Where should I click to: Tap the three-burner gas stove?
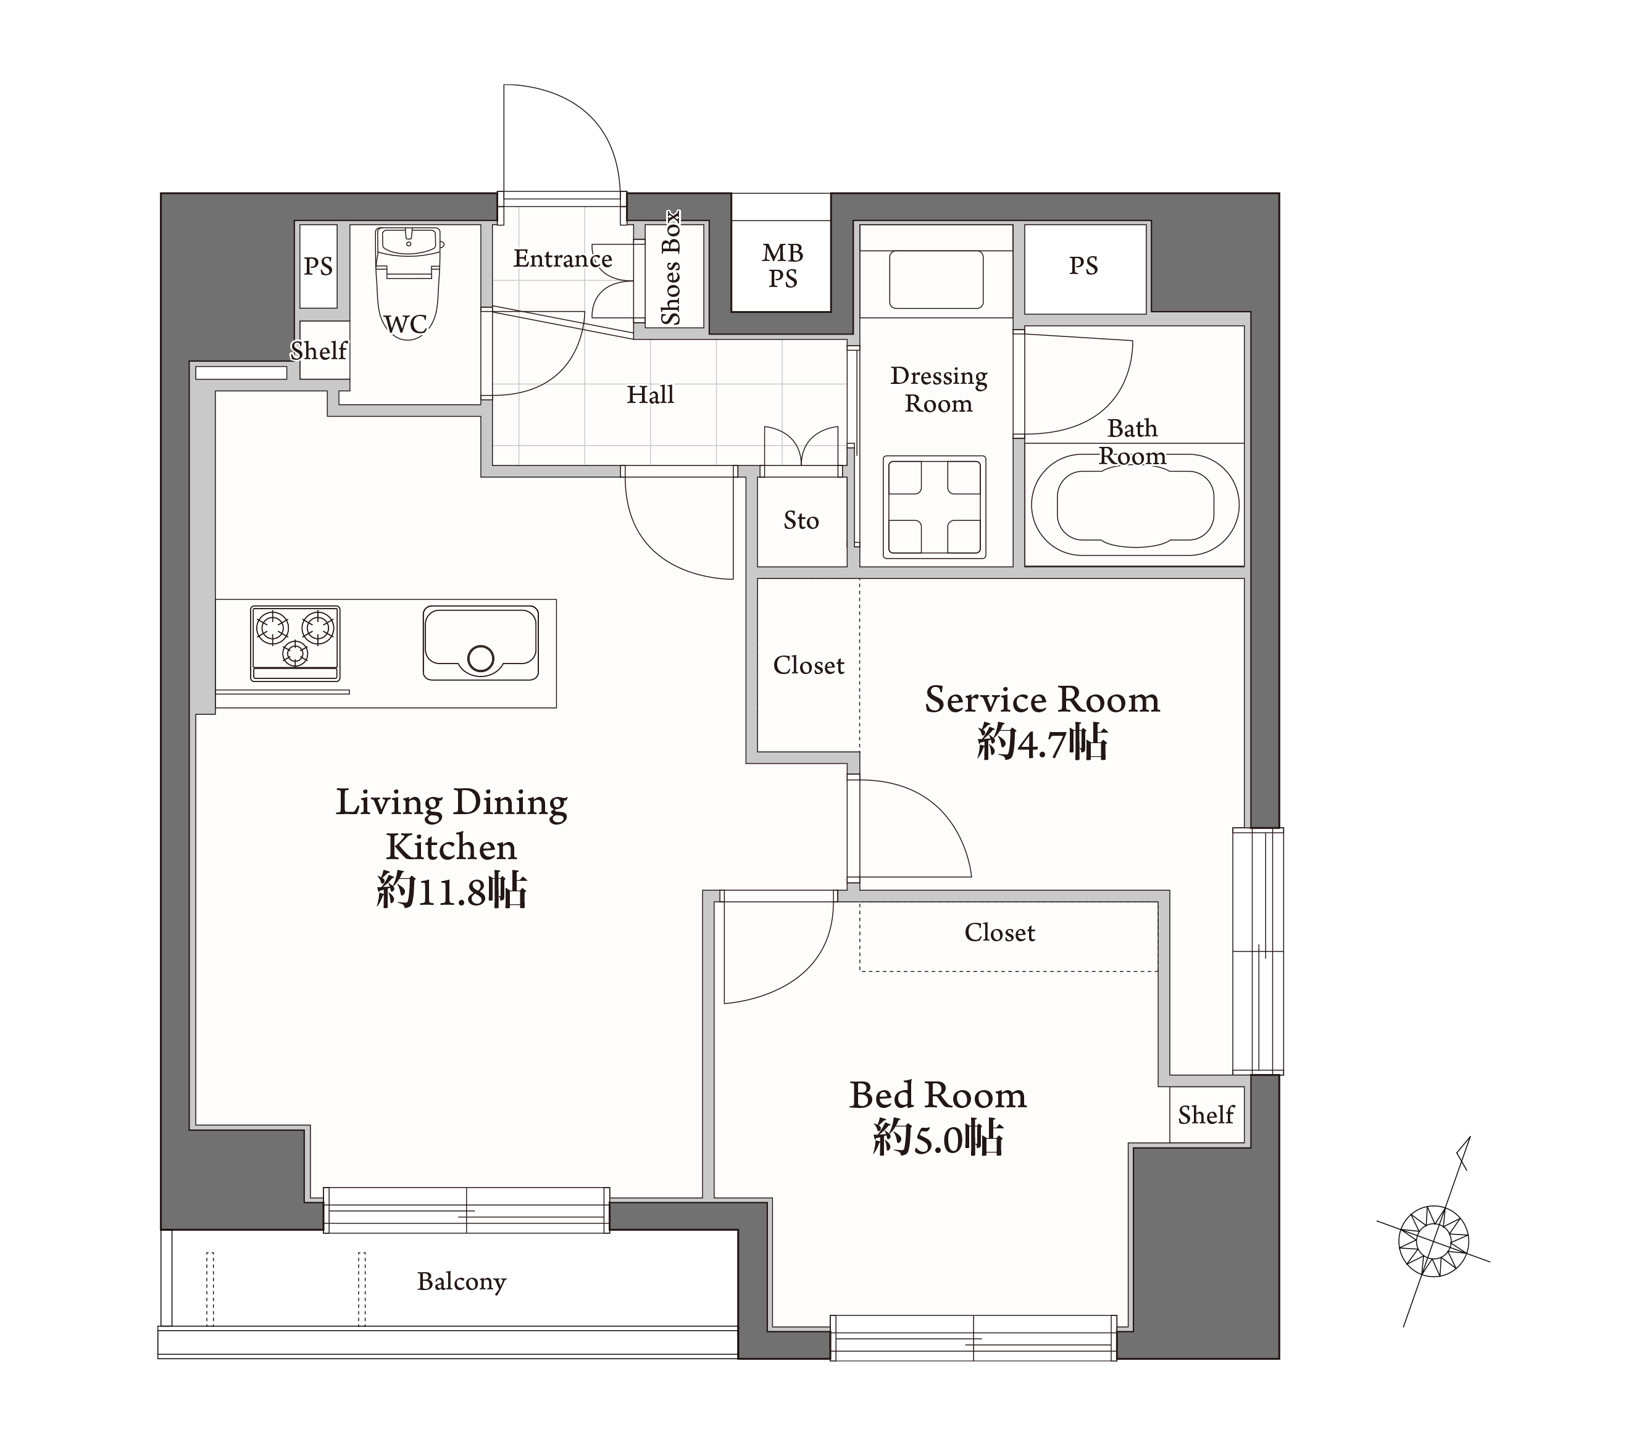point(295,643)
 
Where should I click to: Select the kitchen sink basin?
point(481,643)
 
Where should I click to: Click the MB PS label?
point(782,265)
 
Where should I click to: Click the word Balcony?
point(462,1281)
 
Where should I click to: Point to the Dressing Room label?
point(939,389)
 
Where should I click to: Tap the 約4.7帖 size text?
point(1043,742)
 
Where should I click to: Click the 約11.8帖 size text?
point(451,891)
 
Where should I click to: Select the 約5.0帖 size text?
point(938,1139)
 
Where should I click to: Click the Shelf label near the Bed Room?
point(1206,1115)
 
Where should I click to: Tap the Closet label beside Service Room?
point(808,665)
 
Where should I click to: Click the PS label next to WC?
point(319,266)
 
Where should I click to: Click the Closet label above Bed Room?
point(1000,933)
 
